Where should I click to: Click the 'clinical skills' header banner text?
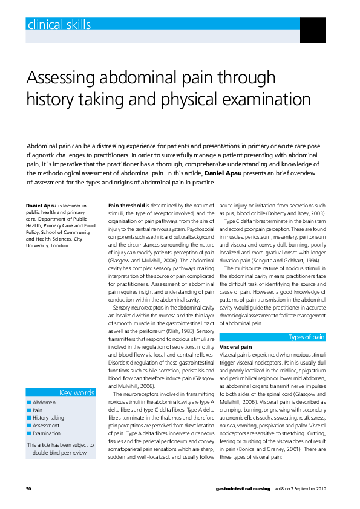click(x=59, y=25)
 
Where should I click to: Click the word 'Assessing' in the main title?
click(x=70, y=78)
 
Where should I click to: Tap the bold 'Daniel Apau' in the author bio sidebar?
click(x=41, y=206)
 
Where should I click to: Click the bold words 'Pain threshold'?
click(x=126, y=206)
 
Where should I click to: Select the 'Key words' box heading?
click(x=76, y=392)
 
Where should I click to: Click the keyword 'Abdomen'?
click(x=44, y=402)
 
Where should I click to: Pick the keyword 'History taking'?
click(x=48, y=418)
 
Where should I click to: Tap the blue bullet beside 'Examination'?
click(x=28, y=433)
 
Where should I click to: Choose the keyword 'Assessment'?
click(x=46, y=426)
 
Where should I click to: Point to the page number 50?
click(x=28, y=488)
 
